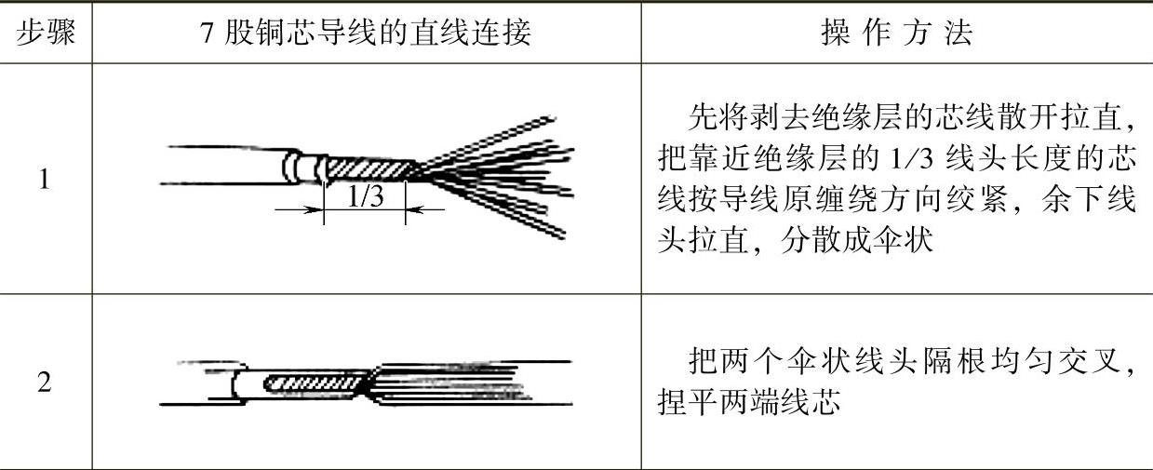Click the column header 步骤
tap(45, 34)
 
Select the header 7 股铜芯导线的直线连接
tap(366, 34)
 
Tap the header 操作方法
tap(895, 34)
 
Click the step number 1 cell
tap(45, 179)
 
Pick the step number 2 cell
tap(45, 383)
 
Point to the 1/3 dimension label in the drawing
tap(365, 196)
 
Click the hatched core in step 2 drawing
tap(312, 383)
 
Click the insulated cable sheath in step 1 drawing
tap(223, 166)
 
